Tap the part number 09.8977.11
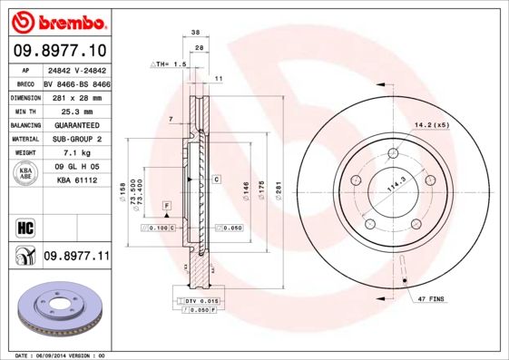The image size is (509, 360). (x=76, y=257)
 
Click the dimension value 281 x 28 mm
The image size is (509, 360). (x=75, y=97)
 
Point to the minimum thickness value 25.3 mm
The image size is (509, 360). (x=75, y=111)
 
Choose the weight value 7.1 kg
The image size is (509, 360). (x=75, y=154)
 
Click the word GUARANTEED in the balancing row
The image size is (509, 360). (x=75, y=125)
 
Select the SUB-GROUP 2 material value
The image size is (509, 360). (x=75, y=140)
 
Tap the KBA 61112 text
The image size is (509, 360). (x=76, y=181)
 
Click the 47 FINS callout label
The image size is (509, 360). (x=430, y=298)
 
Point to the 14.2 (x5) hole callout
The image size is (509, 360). (x=432, y=124)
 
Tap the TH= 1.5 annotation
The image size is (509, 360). (x=170, y=65)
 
